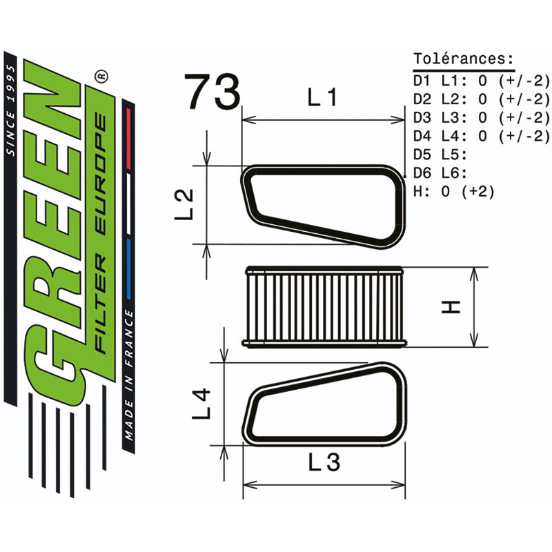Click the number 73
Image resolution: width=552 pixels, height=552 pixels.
point(213,92)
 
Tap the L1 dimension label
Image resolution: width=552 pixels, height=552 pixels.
point(322,99)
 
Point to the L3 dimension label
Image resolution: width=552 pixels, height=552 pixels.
point(324,463)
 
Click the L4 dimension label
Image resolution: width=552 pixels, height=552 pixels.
point(201,404)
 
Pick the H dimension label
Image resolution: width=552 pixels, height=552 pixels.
point(451,306)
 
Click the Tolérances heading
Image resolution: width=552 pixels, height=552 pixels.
point(463,58)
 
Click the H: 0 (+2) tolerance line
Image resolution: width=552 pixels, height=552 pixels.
point(453,191)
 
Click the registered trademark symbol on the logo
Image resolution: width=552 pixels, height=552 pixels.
point(101,74)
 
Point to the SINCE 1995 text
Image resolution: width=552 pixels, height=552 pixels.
point(10,110)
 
